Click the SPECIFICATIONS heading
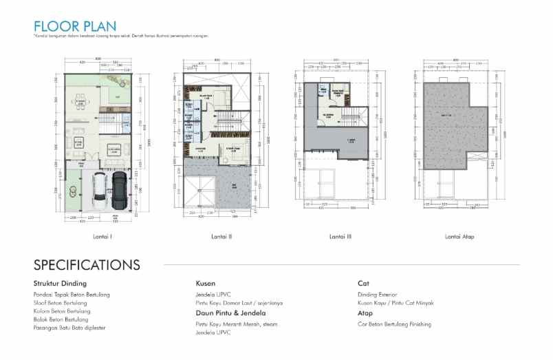tap(87, 265)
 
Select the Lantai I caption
tap(102, 237)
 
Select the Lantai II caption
tap(221, 237)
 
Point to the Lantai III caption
tap(340, 237)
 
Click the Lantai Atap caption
tap(459, 237)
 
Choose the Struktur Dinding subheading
tap(60, 283)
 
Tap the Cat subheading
tap(363, 283)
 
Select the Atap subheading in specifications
tap(365, 313)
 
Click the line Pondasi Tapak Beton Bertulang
tap(72, 295)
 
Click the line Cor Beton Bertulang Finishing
tap(395, 324)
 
